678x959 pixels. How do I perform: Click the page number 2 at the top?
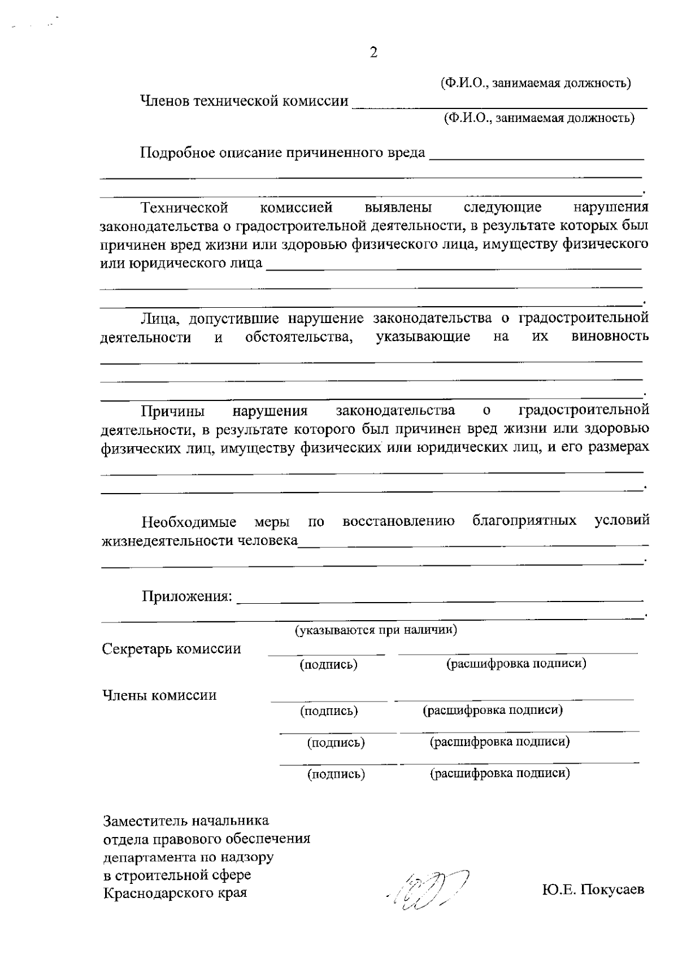point(373,53)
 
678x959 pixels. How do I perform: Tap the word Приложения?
point(186,596)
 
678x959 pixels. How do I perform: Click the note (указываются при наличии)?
point(376,630)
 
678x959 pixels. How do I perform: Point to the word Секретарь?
point(137,649)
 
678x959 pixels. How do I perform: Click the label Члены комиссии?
point(159,695)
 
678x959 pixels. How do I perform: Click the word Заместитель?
point(146,820)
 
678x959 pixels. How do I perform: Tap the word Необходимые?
point(189,521)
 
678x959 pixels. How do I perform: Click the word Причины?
point(173,410)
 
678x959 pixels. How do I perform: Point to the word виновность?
point(610,337)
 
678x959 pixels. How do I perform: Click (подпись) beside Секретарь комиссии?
point(328,664)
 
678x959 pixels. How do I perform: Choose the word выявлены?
point(398,207)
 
